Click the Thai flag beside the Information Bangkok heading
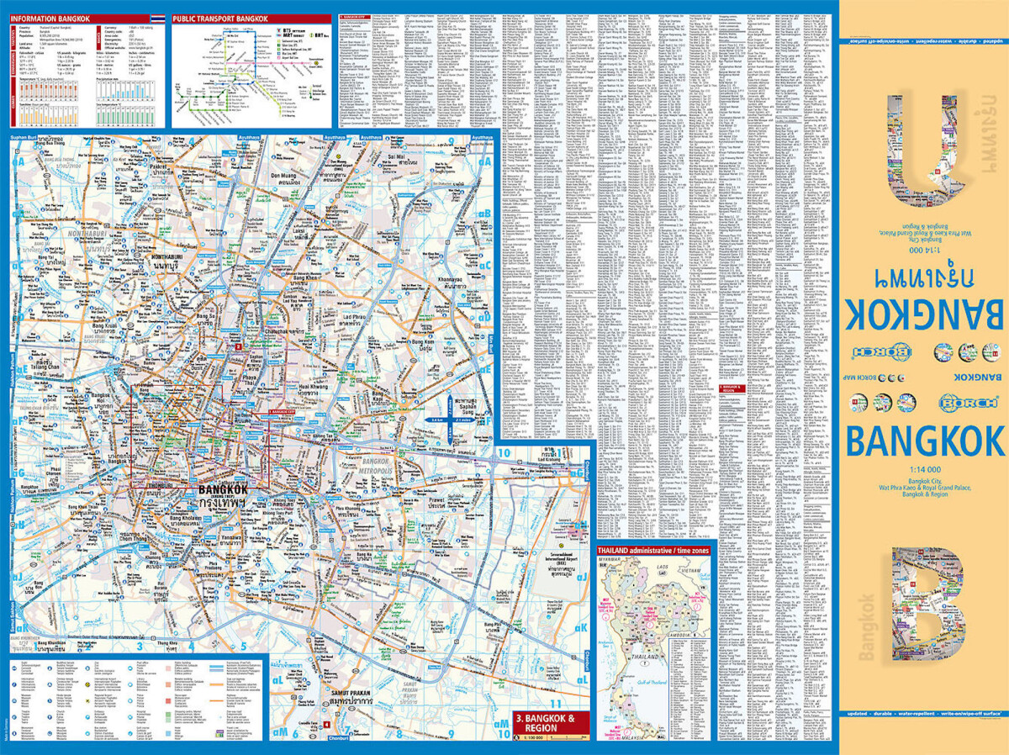tap(157, 18)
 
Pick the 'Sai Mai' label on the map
tap(398, 157)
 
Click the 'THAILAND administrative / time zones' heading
tap(653, 551)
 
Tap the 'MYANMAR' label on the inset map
tap(611, 563)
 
